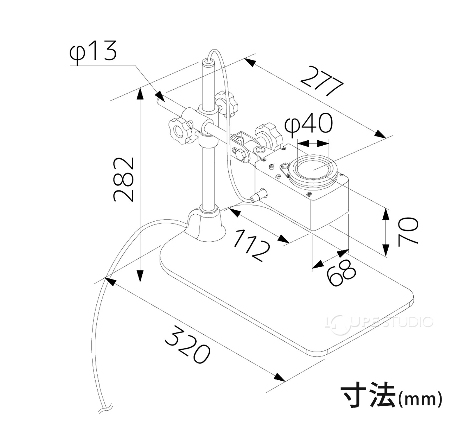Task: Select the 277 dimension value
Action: [x=322, y=81]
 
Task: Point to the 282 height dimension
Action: [x=124, y=179]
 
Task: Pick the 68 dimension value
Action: [x=341, y=272]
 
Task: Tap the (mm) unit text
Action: [x=420, y=399]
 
